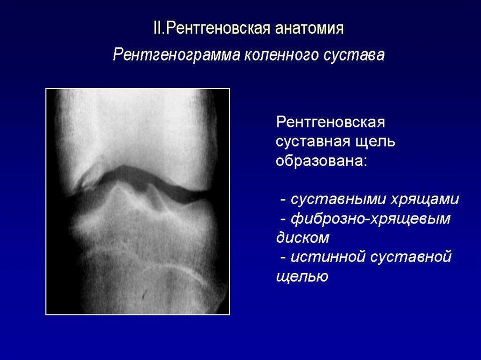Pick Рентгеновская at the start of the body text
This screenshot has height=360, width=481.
coord(330,122)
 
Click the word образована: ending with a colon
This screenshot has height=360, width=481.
coord(321,161)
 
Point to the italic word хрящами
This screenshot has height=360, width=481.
coord(424,199)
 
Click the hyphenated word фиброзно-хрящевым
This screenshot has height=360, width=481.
coord(371,219)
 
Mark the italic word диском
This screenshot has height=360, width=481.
coord(303,237)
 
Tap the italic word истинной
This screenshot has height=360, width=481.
coord(328,257)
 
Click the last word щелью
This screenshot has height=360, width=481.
coord(302,276)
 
